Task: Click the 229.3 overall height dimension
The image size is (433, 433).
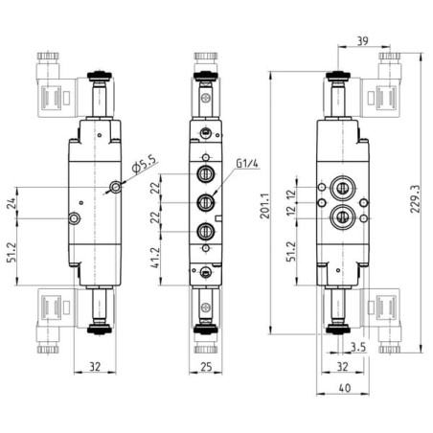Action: click(x=415, y=198)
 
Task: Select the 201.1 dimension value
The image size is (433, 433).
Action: click(x=264, y=206)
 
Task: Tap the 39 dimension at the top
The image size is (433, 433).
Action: click(x=362, y=41)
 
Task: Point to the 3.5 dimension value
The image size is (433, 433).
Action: click(x=358, y=347)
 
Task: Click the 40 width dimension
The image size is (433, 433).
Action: click(x=345, y=388)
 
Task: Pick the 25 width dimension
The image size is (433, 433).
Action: click(x=206, y=367)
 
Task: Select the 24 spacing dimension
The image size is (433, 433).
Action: click(x=11, y=203)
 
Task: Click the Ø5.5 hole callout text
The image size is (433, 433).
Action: click(x=146, y=164)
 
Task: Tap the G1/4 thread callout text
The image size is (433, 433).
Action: click(x=247, y=164)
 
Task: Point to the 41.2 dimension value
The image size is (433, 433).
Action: click(x=155, y=258)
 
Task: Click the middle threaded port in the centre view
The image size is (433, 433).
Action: click(x=206, y=202)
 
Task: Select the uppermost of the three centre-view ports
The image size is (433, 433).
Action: click(x=206, y=174)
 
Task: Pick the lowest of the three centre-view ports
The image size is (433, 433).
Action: click(x=206, y=231)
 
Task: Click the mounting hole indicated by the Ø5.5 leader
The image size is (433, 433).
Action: click(x=115, y=187)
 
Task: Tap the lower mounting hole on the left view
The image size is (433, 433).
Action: click(x=75, y=218)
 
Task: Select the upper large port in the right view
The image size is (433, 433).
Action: click(x=342, y=188)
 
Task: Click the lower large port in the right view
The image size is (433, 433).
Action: click(x=342, y=217)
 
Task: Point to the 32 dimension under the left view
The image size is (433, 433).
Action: click(x=95, y=367)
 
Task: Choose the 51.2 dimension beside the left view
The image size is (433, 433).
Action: click(x=11, y=252)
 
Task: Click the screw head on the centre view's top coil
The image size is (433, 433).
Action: click(x=206, y=98)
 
